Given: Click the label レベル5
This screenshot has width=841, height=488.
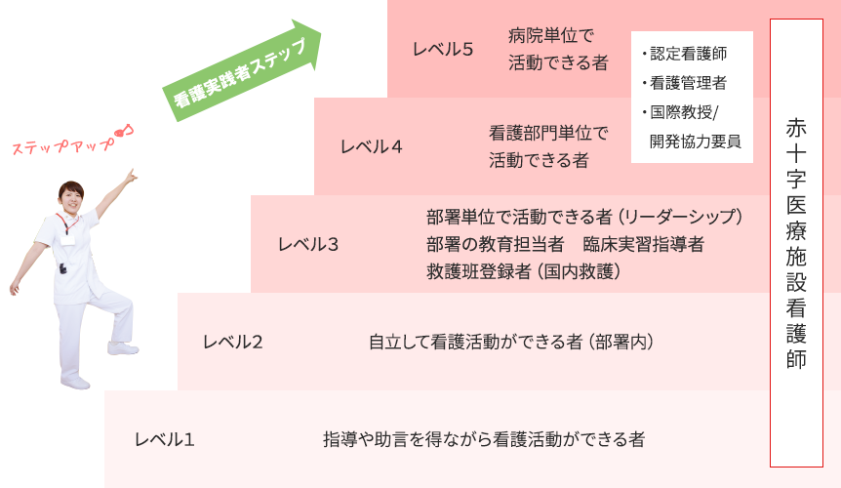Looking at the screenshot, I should coord(443,50).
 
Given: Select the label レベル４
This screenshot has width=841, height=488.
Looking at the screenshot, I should coord(372,147).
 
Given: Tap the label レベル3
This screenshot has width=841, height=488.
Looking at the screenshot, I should coord(308,244).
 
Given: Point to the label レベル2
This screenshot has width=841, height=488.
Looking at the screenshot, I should coord(232,342).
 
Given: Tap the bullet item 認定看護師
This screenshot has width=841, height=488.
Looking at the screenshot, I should coord(688,54).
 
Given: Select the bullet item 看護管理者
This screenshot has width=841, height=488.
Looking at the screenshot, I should coord(688,83).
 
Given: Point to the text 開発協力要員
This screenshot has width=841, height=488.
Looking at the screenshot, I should coord(694,141).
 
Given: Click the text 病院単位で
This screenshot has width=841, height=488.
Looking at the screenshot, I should coord(551,36).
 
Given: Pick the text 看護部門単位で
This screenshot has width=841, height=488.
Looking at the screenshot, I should coord(548,133).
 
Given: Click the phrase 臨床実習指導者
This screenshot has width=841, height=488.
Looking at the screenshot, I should coord(644,244).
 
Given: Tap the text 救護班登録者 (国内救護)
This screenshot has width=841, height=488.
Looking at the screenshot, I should coord(525,270).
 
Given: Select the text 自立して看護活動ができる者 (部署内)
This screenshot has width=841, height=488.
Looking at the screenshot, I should coord(510,342).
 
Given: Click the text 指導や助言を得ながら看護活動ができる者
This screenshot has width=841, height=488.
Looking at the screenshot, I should coord(484,439).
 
